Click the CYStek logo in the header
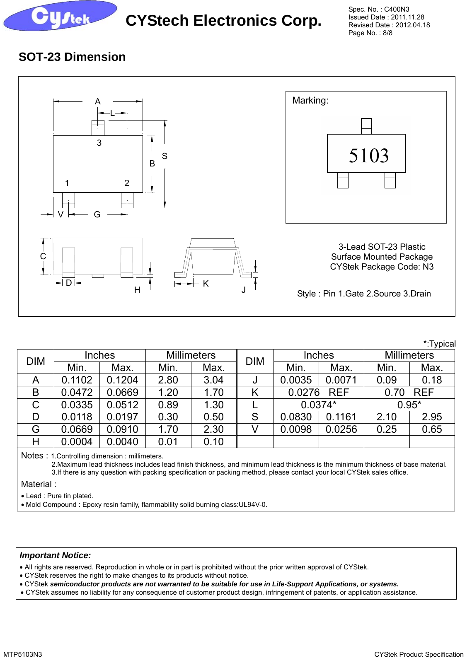60,17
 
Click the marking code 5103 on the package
369,156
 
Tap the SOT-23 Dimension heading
72,57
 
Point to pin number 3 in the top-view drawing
99,143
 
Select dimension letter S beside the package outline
165,156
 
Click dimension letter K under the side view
206,284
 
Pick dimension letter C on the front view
43,256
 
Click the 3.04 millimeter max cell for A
213,380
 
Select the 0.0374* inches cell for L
318,405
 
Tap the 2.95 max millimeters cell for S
432,417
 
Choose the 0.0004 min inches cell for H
77,442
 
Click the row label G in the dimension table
36,430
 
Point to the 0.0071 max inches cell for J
341,380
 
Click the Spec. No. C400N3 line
378,9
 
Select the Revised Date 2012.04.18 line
389,25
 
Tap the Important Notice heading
55,556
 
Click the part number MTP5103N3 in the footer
23,654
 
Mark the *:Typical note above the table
439,344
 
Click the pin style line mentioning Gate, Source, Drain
364,294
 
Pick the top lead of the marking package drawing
366,126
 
